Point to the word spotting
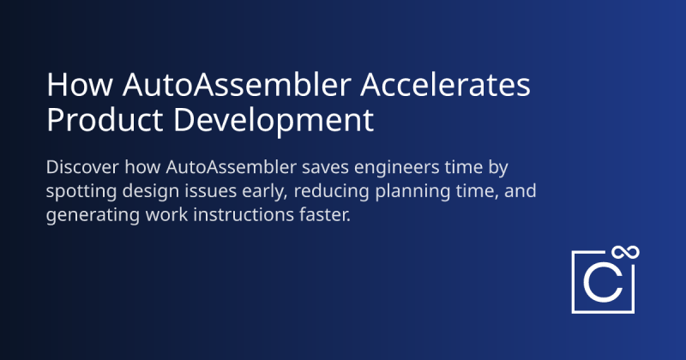[80, 189]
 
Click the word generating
[89, 215]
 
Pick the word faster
[322, 214]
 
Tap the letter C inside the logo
[602, 284]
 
